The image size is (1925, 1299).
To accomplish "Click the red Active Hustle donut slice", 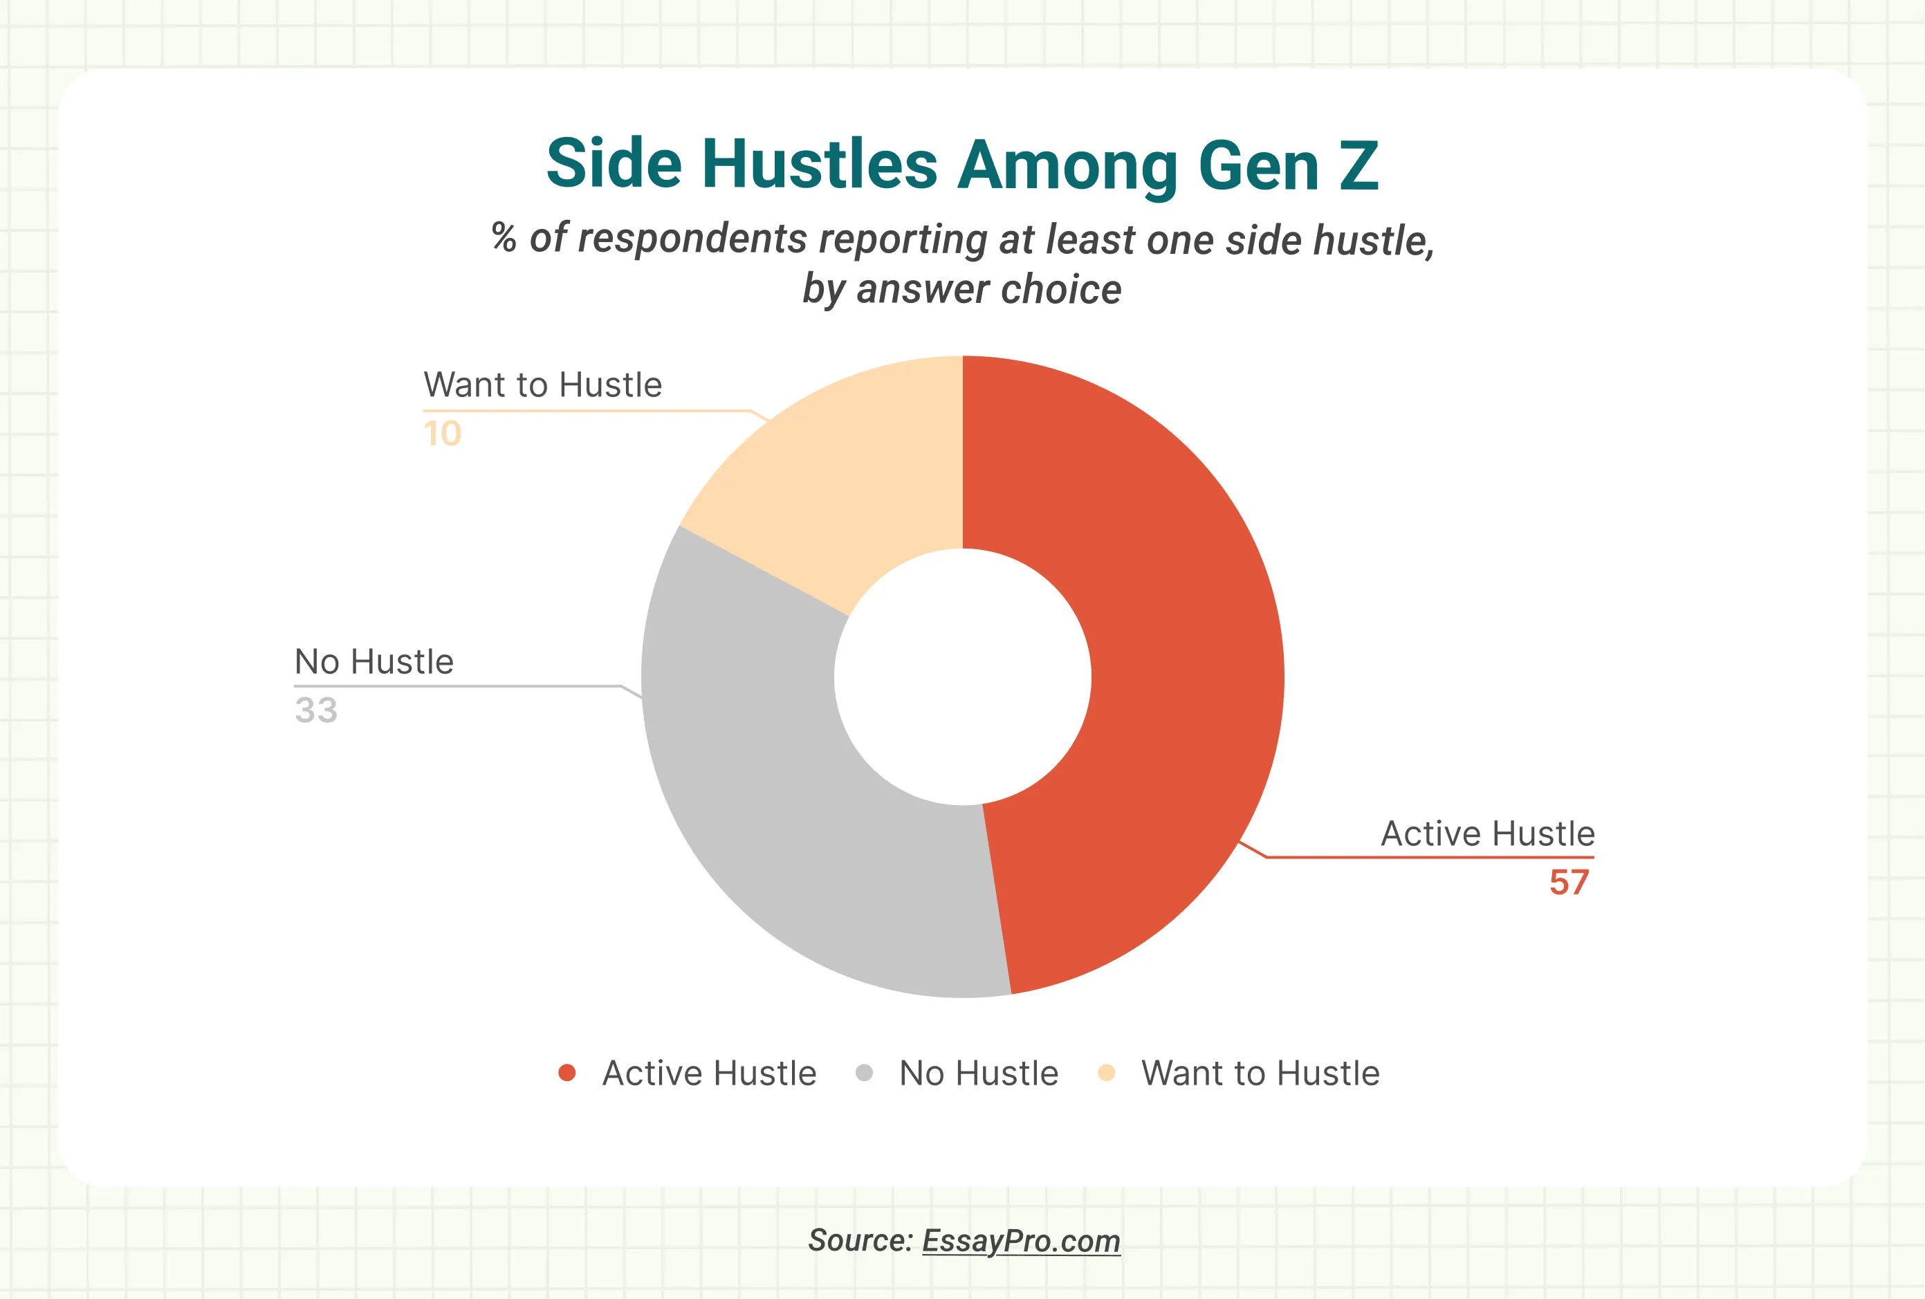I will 1176,663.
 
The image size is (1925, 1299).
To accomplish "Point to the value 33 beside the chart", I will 315,710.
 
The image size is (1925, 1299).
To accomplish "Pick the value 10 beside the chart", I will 442,433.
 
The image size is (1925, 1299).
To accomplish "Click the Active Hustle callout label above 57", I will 1487,833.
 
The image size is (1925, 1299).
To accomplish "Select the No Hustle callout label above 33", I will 374,662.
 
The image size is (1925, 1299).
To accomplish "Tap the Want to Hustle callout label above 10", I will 542,385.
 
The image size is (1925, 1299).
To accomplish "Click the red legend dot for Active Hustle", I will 567,1073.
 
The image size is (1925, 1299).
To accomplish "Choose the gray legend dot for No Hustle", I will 864,1073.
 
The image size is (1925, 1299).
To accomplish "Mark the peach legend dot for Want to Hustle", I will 1106,1073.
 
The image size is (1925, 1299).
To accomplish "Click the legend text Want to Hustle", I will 1260,1074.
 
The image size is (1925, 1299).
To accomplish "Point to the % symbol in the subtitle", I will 504,238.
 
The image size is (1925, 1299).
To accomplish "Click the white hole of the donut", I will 963,677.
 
